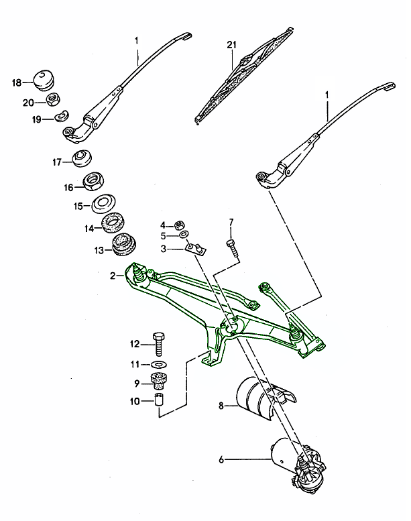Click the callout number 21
click(x=232, y=45)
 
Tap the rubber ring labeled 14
click(x=114, y=223)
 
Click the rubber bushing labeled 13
click(x=123, y=245)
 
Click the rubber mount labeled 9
click(x=158, y=383)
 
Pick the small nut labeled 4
click(x=179, y=225)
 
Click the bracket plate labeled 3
click(x=194, y=249)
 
